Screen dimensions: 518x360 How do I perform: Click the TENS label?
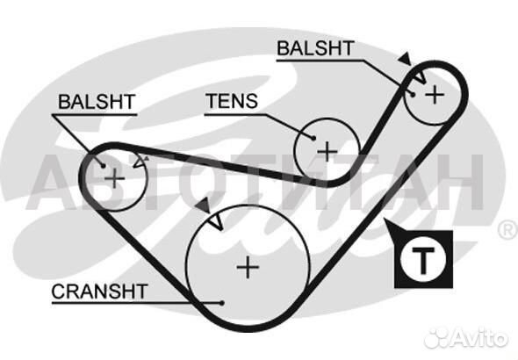click(232, 101)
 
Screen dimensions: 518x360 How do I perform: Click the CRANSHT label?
click(99, 292)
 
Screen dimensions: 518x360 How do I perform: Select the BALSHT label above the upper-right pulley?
click(315, 48)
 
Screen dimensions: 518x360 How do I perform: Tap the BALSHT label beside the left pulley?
click(97, 102)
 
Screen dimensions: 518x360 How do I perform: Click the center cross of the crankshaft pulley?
click(248, 267)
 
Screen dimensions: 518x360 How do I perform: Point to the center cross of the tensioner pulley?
click(327, 152)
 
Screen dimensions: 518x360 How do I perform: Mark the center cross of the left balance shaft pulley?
click(114, 178)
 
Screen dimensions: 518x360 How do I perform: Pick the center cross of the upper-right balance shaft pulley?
click(435, 95)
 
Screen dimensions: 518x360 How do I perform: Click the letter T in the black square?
click(423, 260)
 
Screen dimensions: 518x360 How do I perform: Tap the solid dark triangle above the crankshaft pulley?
click(204, 205)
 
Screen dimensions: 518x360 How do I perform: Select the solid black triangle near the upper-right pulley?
click(405, 59)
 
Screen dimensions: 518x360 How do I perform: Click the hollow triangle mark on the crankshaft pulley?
click(217, 222)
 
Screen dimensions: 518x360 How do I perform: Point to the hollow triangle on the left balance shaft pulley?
click(140, 162)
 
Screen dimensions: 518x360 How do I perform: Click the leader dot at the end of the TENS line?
click(313, 138)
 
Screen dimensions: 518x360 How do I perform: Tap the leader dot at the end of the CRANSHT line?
click(222, 303)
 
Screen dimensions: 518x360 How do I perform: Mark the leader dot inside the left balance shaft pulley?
click(103, 165)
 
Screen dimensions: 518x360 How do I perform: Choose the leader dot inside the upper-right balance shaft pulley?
click(413, 95)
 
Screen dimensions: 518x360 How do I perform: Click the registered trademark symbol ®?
click(508, 230)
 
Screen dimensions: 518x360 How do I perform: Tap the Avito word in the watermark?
click(479, 338)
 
